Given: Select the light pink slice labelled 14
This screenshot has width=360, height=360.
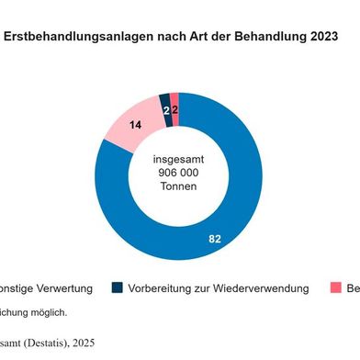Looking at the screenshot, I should pyautogui.click(x=120, y=129).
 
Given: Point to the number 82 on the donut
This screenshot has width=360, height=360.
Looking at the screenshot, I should pyautogui.click(x=215, y=239).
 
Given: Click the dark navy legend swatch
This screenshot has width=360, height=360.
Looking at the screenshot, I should pyautogui.click(x=117, y=288).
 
